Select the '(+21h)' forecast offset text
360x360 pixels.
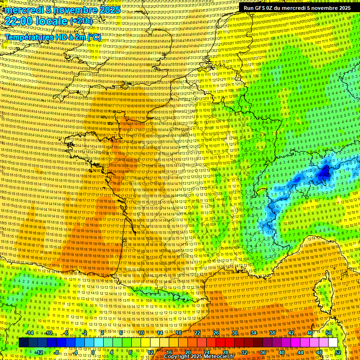(81, 22)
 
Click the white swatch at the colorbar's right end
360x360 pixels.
(333, 343)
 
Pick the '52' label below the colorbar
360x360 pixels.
(337, 352)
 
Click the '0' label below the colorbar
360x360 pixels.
(93, 352)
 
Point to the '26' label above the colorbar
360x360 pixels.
(216, 333)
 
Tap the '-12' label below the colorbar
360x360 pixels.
(39, 352)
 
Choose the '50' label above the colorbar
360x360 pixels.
(328, 333)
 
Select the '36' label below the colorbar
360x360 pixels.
(262, 352)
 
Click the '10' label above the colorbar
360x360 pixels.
(141, 333)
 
